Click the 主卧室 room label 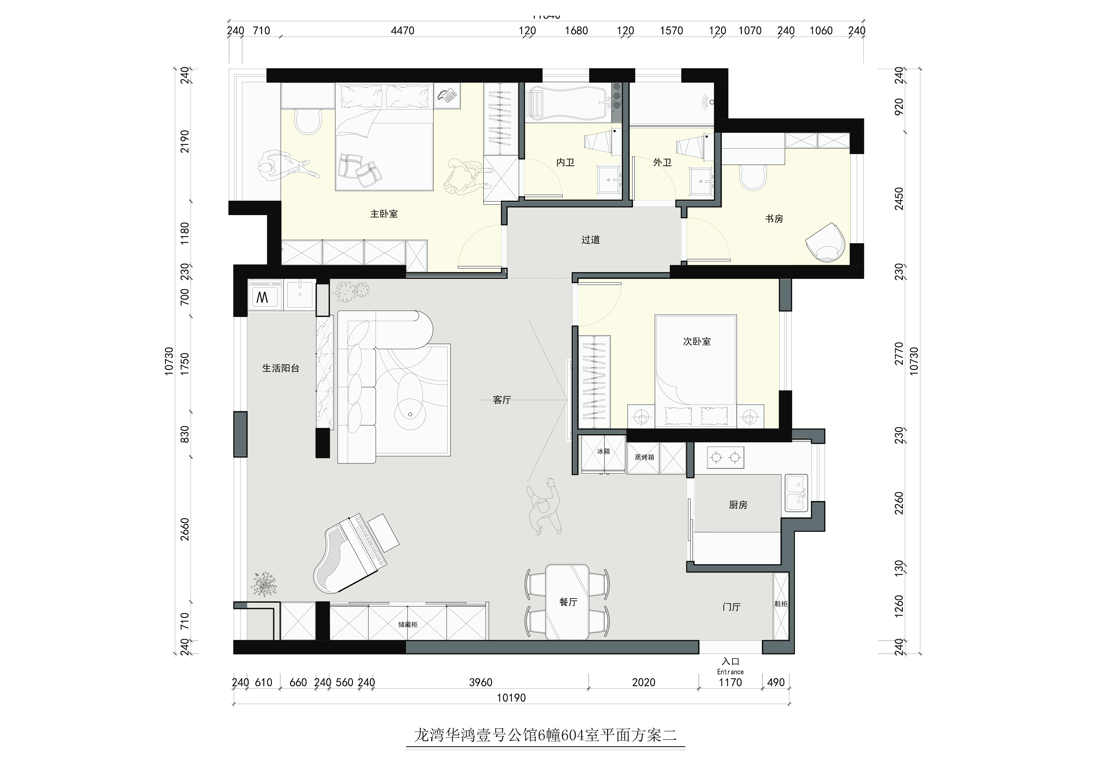(x=384, y=214)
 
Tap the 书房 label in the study (x=774, y=219)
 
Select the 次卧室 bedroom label (x=696, y=341)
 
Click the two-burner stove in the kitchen (x=725, y=458)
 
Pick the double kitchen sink (x=796, y=493)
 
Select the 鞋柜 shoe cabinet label (x=781, y=604)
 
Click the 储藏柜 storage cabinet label (x=408, y=624)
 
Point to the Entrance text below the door (x=730, y=672)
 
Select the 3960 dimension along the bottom (x=481, y=682)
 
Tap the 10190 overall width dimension (x=511, y=697)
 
